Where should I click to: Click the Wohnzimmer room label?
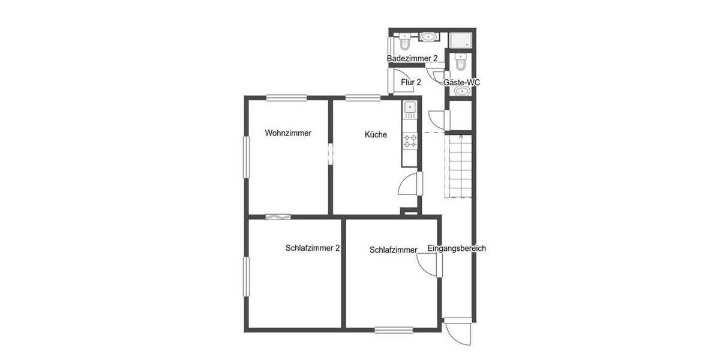[x=288, y=133]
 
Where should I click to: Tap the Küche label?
[x=376, y=135]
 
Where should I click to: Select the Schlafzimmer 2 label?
[x=313, y=247]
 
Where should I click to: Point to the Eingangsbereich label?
[x=457, y=248]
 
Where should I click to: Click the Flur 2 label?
[x=411, y=82]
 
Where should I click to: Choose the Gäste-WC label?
[x=461, y=82]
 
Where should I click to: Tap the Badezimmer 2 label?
[x=412, y=58]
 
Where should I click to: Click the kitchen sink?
[x=410, y=108]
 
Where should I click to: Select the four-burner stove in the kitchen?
[x=410, y=141]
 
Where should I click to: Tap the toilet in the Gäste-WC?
[x=461, y=61]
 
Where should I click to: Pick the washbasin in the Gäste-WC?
[x=461, y=91]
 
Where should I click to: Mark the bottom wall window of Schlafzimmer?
[x=394, y=329]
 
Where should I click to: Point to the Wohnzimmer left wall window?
[x=246, y=157]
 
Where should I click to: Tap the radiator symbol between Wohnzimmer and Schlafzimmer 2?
[x=278, y=217]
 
